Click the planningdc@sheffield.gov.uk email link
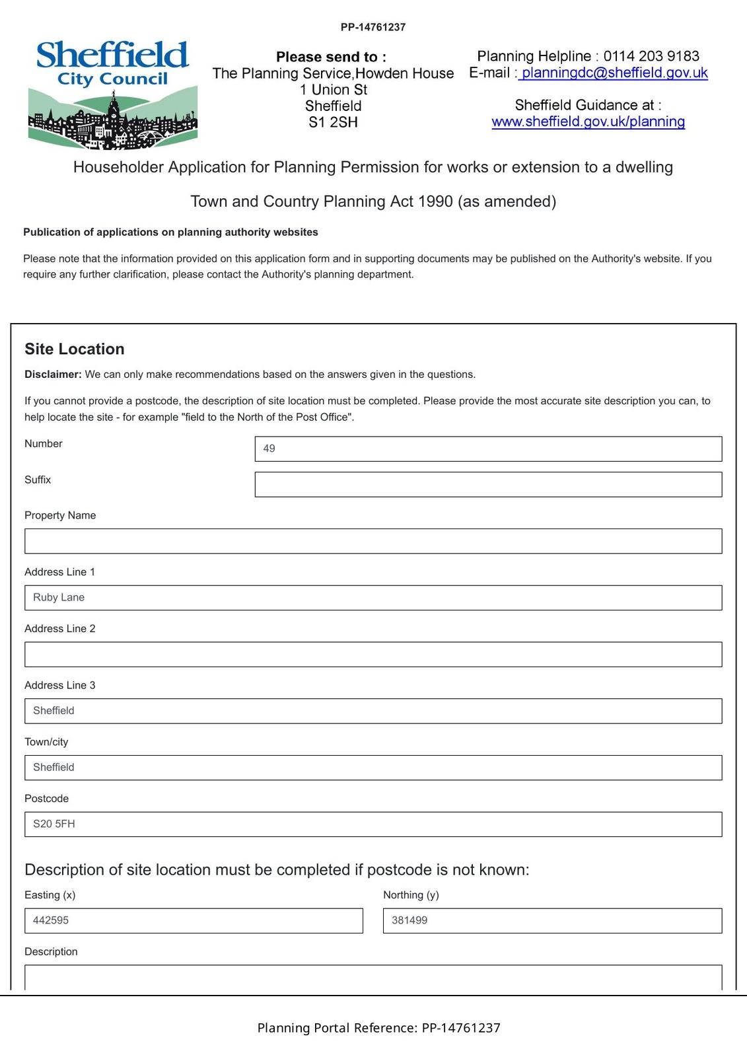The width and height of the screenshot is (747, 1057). pos(614,73)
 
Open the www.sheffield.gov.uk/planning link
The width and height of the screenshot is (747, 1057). pos(588,122)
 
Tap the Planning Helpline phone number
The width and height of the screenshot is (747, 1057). pos(651,56)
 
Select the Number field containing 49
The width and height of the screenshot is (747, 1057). pos(487,449)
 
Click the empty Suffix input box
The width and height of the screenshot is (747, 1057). pos(487,484)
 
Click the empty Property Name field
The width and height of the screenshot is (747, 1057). pos(373,541)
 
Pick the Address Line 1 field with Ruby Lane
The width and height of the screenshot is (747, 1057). pos(373,598)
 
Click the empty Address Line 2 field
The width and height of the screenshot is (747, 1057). pos(373,654)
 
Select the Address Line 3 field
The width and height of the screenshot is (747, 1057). pos(373,711)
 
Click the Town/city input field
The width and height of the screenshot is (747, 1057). pos(373,768)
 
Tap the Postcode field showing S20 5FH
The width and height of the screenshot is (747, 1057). pos(373,824)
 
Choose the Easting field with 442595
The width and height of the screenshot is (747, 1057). pos(194,921)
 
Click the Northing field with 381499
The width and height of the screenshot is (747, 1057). pos(552,921)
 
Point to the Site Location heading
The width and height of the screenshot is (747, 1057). pos(75,349)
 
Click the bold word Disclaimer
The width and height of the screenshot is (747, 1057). pos(53,375)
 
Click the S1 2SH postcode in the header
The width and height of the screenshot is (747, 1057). pos(333,122)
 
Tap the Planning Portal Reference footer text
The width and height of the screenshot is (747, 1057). pos(378,1028)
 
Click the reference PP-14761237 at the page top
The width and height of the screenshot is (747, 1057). pos(373,27)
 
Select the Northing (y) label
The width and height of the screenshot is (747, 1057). pos(411,895)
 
